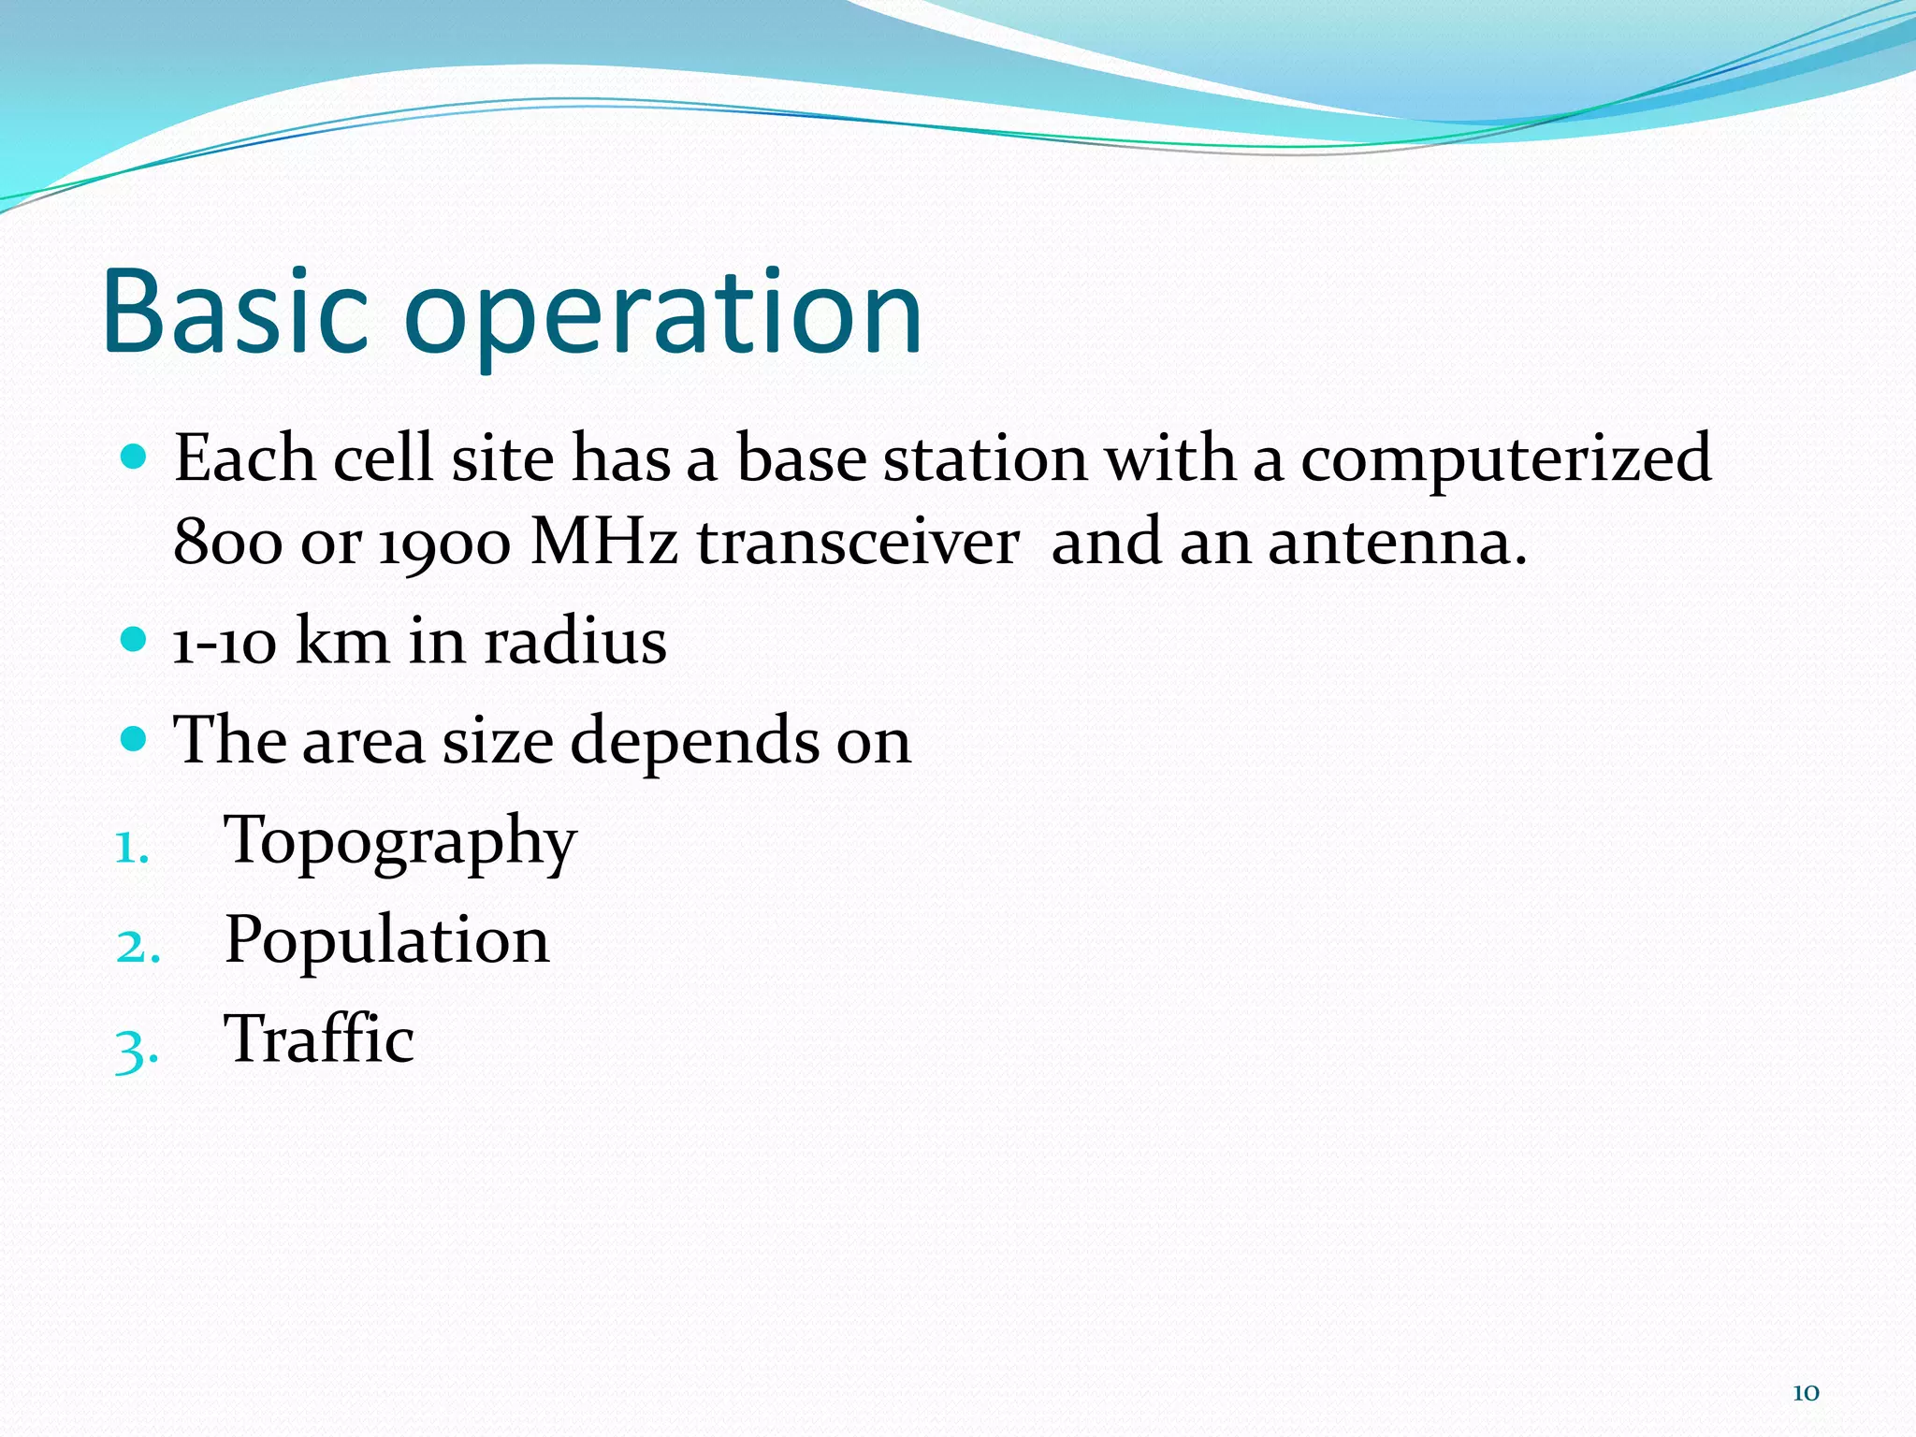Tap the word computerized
point(1505,461)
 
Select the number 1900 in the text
point(445,544)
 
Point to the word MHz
point(603,543)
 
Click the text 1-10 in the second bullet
point(225,644)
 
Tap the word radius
point(574,643)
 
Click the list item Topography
point(400,842)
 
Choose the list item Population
point(386,940)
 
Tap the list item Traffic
point(319,1039)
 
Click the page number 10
point(1805,1393)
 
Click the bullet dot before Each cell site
point(135,457)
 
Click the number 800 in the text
point(227,544)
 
